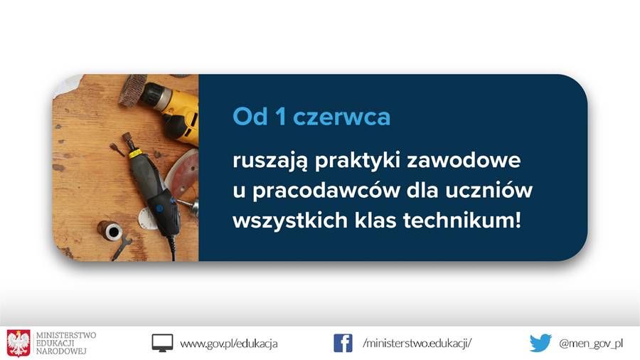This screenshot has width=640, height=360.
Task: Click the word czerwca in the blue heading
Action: click(x=341, y=117)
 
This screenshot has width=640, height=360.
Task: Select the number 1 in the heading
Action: click(x=280, y=117)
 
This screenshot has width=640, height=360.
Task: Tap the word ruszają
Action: click(x=270, y=160)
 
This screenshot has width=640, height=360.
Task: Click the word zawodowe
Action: click(x=464, y=159)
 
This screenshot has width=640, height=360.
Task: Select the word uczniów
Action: click(x=489, y=190)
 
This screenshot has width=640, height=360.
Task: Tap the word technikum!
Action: click(x=462, y=221)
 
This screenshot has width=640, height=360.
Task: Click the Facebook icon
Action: click(x=343, y=343)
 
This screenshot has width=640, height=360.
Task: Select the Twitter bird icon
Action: click(x=540, y=343)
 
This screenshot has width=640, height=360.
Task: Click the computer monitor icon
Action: click(x=162, y=343)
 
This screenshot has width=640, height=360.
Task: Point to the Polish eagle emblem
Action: click(x=18, y=343)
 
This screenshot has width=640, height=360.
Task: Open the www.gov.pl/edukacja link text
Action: click(x=229, y=344)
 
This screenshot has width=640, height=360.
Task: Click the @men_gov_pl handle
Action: click(x=591, y=344)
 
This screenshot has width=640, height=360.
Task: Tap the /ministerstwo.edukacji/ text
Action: click(x=417, y=343)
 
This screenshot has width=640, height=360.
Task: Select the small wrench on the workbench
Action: click(x=122, y=248)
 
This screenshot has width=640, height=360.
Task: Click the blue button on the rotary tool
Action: click(x=159, y=208)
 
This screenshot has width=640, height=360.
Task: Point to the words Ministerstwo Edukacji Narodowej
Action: click(x=66, y=343)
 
